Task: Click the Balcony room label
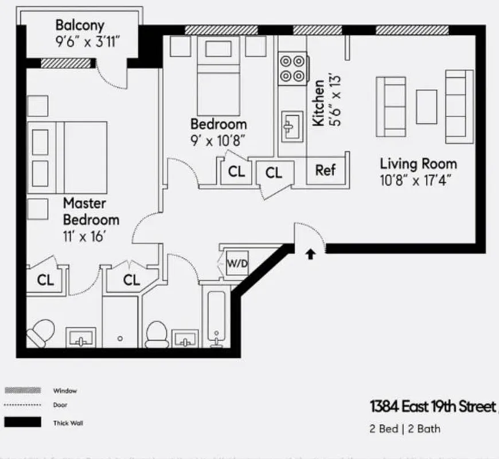click(x=80, y=25)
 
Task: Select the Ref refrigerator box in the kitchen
click(x=325, y=170)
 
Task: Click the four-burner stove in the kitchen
click(x=292, y=68)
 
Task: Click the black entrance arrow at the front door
click(x=310, y=254)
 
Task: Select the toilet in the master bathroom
click(x=40, y=333)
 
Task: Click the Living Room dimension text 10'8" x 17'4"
click(x=416, y=180)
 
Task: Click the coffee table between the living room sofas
click(x=426, y=106)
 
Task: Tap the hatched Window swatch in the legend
click(x=23, y=390)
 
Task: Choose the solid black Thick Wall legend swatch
click(x=23, y=422)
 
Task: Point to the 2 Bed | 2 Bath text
click(x=405, y=429)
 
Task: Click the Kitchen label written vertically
click(x=318, y=102)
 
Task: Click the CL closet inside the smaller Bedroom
click(x=236, y=172)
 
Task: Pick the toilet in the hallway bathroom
click(x=156, y=335)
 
